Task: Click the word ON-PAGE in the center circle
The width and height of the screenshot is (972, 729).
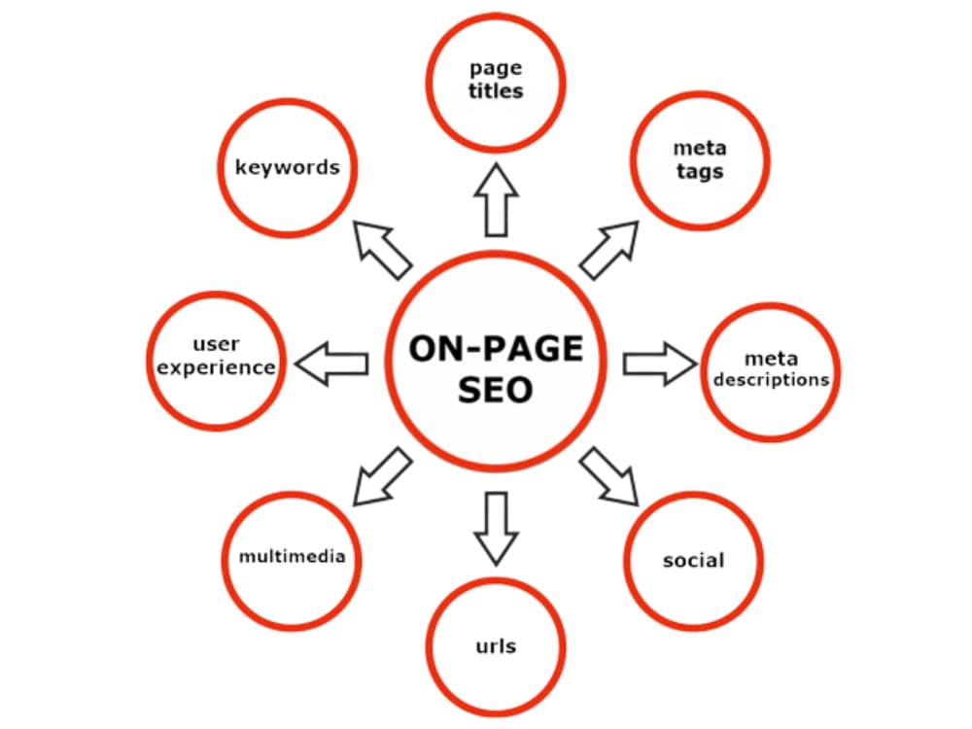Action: (x=496, y=348)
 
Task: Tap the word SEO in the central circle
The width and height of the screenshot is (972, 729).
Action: (x=496, y=390)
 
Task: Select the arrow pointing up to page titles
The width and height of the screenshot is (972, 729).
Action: (x=496, y=199)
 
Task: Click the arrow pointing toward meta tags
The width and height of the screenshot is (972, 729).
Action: (x=608, y=250)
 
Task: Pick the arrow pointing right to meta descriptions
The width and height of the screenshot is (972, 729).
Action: (x=660, y=364)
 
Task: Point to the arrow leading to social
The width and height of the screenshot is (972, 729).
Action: (x=608, y=476)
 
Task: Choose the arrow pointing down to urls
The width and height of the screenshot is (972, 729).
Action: (x=496, y=529)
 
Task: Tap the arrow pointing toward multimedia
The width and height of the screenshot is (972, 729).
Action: (x=382, y=476)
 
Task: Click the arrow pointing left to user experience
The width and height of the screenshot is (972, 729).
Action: (x=331, y=364)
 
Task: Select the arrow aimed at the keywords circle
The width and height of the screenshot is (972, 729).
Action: (x=382, y=250)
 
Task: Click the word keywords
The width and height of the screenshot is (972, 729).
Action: (x=288, y=167)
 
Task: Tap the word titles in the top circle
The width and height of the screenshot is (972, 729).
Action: (x=496, y=90)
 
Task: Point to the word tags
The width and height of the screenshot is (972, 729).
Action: (x=700, y=172)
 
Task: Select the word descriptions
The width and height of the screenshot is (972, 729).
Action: (x=771, y=379)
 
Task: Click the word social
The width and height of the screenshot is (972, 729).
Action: (x=694, y=561)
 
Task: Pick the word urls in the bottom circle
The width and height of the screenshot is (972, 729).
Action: (x=496, y=646)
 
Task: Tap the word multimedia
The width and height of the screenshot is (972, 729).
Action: (x=292, y=556)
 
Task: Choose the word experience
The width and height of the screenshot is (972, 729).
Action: (x=216, y=367)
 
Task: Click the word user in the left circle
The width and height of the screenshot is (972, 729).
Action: (x=216, y=344)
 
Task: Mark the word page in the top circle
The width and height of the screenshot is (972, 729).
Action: (x=496, y=68)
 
